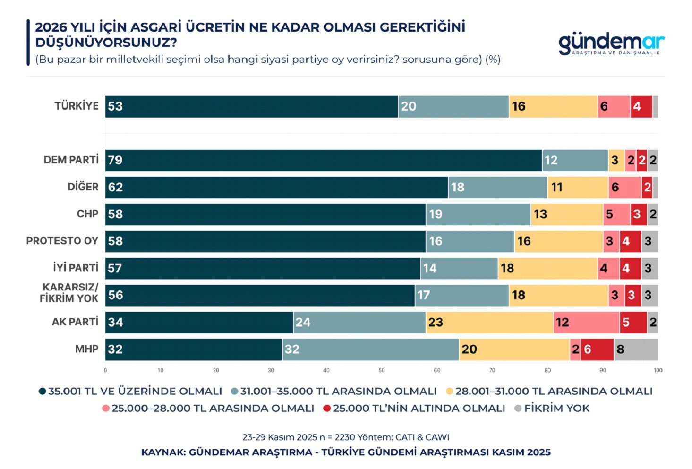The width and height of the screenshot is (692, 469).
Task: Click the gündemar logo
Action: coord(611,43)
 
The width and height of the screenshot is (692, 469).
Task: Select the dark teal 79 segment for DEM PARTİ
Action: coord(323,161)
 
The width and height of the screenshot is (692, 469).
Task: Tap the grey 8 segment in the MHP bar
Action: coord(636,350)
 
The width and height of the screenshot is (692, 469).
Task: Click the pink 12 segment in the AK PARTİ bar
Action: coord(586,323)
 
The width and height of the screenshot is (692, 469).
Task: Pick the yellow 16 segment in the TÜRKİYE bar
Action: coord(553,107)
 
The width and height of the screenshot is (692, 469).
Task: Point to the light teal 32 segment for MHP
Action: coord(370,350)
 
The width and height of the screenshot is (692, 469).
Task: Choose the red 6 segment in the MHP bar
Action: coord(597,350)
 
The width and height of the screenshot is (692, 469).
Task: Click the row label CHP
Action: coord(87,214)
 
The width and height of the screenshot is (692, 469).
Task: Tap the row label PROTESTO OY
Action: coord(62,241)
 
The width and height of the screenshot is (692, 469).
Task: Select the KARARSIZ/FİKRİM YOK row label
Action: coord(69,293)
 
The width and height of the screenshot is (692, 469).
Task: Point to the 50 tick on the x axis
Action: coord(382,370)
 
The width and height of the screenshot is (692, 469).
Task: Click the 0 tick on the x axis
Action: coord(105,370)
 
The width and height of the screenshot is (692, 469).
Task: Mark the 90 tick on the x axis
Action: coord(603,370)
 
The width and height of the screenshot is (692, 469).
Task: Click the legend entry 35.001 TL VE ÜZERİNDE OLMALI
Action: coord(135,392)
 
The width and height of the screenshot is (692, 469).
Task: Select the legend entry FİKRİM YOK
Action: coord(556,409)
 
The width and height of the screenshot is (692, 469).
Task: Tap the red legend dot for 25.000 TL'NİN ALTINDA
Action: coord(327,409)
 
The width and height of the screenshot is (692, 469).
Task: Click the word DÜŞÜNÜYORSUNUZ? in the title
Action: coord(106,43)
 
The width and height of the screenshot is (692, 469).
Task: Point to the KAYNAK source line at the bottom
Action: coord(346,452)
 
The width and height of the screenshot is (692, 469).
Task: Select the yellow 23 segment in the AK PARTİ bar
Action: coord(489,323)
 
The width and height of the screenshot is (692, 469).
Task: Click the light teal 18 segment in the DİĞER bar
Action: coord(497,188)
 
